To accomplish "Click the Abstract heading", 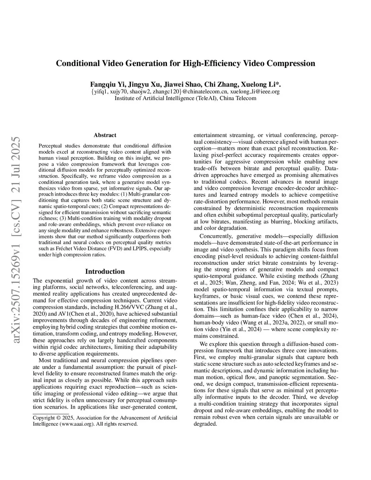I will pyautogui.click(x=105, y=135).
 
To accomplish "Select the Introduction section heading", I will pyautogui.click(x=105, y=271).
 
